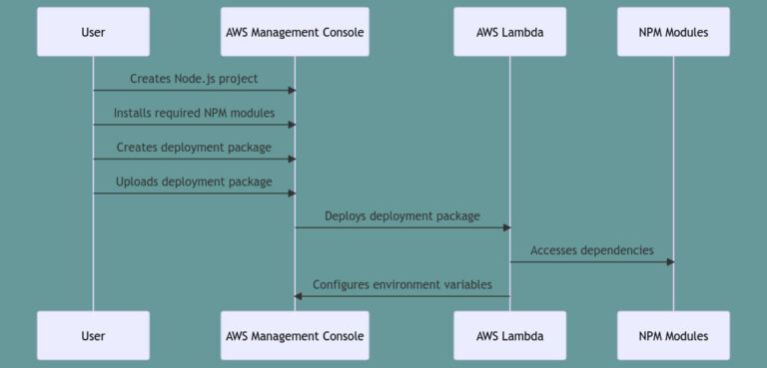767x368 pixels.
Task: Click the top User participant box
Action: coord(93,32)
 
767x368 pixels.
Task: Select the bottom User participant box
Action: coord(93,336)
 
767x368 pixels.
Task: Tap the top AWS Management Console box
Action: coord(294,32)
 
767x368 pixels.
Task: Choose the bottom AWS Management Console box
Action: coord(294,336)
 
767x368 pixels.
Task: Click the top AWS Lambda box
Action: coord(509,32)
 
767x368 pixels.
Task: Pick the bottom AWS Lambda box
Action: coord(509,336)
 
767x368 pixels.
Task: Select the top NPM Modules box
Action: coord(673,32)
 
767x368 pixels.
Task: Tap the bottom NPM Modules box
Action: coord(673,336)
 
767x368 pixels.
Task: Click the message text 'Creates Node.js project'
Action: coord(194,78)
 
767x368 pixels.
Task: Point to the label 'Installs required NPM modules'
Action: coord(194,113)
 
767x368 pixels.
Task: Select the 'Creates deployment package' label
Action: coord(194,147)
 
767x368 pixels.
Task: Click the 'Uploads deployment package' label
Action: coord(194,182)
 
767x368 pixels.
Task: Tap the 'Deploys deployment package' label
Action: coord(401,215)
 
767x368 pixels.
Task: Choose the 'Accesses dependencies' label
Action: coord(591,250)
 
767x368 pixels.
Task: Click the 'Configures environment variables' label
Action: coord(401,284)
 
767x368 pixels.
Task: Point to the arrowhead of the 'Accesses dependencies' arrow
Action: coord(670,262)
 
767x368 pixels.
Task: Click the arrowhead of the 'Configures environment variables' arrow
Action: coord(299,296)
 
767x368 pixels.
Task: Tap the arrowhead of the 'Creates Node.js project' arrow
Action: coord(291,91)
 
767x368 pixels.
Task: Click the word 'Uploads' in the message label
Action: coord(137,182)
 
